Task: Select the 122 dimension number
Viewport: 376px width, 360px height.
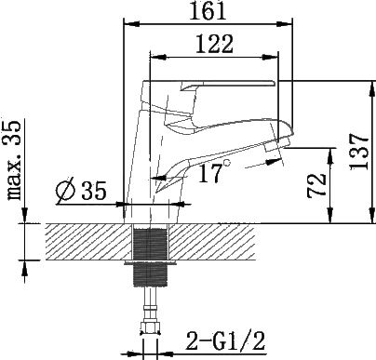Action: pos(214,44)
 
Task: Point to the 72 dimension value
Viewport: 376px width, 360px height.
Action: pos(316,185)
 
